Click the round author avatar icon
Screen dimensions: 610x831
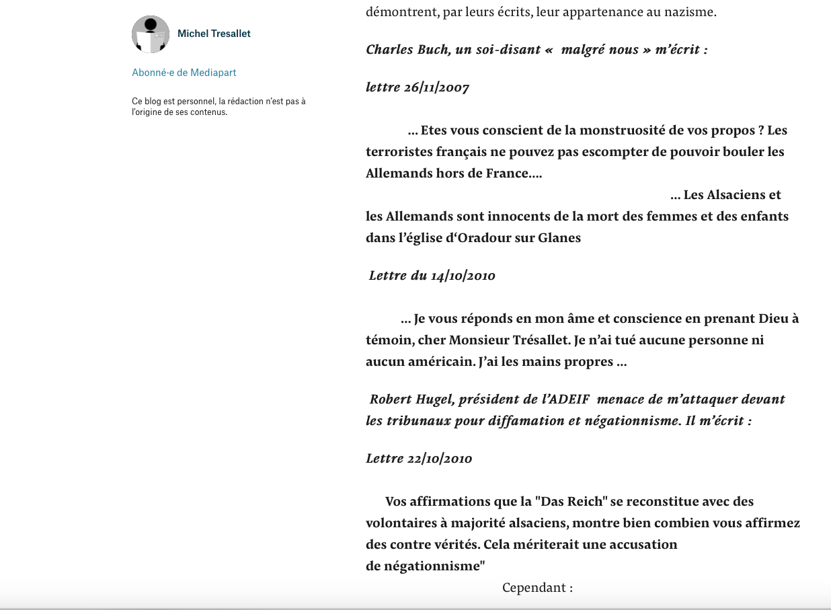pyautogui.click(x=151, y=34)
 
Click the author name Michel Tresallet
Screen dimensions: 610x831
pyautogui.click(x=214, y=34)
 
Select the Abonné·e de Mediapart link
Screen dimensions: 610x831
pyautogui.click(x=184, y=73)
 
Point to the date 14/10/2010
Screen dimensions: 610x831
pyautogui.click(x=463, y=276)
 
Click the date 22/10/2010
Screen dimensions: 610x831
pyautogui.click(x=440, y=459)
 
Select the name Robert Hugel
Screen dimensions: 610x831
pyautogui.click(x=412, y=399)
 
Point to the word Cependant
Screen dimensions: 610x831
pyautogui.click(x=533, y=588)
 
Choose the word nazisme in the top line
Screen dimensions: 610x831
pyautogui.click(x=690, y=12)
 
